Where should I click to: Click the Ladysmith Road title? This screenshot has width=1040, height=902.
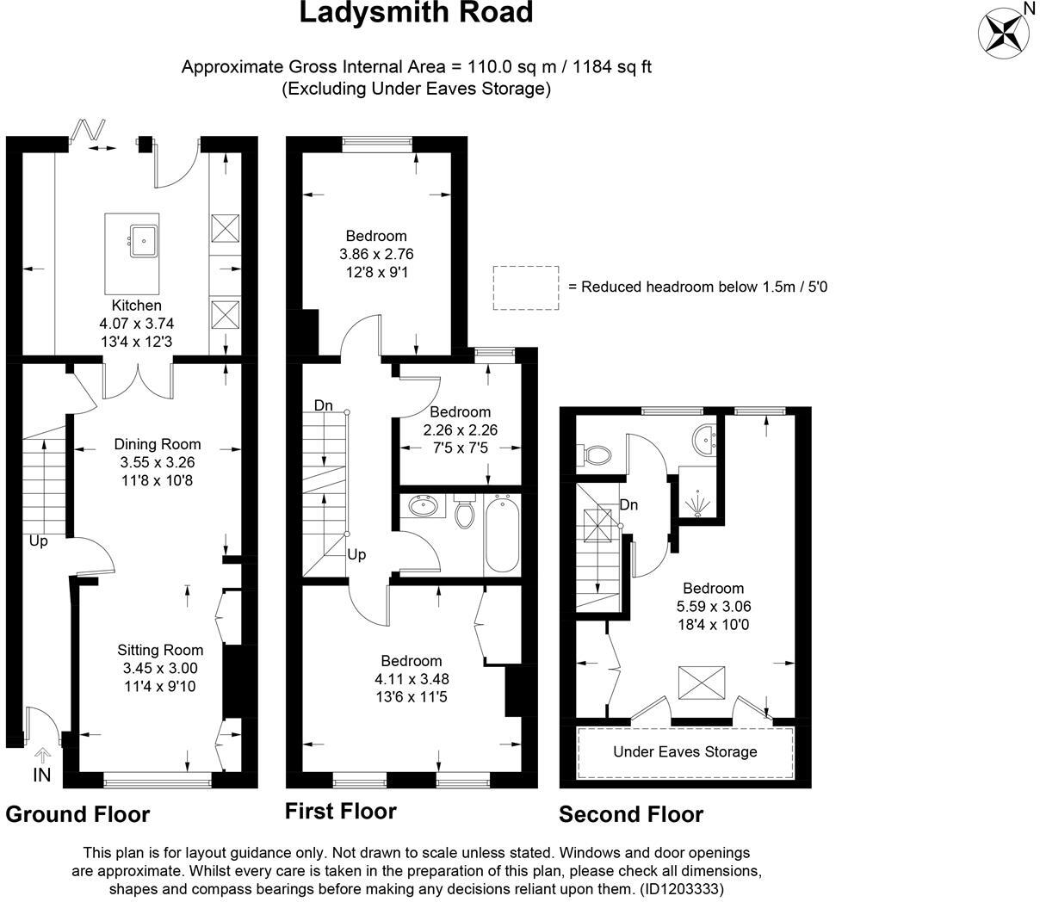click(416, 14)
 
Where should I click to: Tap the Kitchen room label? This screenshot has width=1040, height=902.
click(136, 306)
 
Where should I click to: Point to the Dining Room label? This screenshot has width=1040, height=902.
click(158, 444)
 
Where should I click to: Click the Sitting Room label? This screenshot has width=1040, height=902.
click(160, 650)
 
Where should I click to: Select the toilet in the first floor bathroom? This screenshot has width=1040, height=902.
click(465, 513)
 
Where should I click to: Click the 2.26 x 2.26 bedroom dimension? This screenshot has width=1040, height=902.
click(461, 430)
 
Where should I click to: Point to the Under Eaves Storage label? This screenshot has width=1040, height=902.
click(684, 751)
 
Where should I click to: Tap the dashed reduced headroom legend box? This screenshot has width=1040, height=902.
click(525, 287)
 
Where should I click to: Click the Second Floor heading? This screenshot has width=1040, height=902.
click(631, 814)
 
